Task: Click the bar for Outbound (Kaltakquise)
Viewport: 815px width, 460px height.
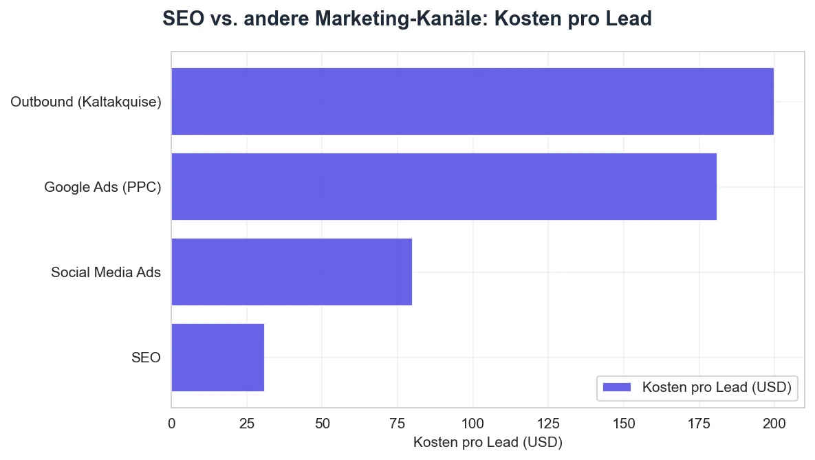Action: tap(472, 102)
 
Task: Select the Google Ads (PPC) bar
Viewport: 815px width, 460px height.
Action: tap(444, 187)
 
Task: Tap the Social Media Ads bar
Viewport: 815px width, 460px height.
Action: tap(292, 272)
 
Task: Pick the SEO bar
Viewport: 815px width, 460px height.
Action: tap(217, 358)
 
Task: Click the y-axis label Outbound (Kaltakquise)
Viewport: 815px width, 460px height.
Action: tap(86, 102)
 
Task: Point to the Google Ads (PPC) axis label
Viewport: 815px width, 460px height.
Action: tap(102, 187)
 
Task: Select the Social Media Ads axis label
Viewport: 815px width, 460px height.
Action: tap(106, 272)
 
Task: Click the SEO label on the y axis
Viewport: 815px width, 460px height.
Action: tap(146, 358)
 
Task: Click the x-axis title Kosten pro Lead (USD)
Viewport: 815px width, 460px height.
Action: tap(488, 442)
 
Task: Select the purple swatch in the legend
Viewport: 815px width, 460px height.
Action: tap(616, 388)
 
